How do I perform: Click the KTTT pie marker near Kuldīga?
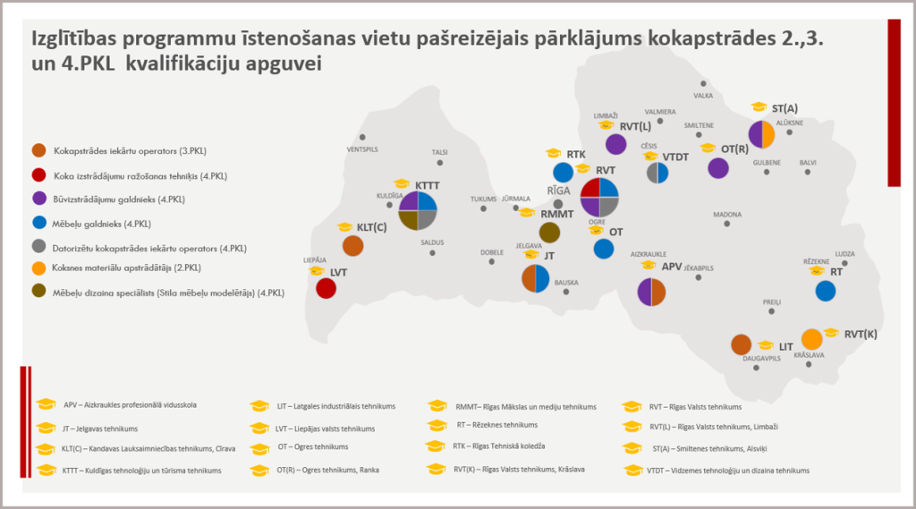click(416, 211)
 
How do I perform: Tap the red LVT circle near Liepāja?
click(327, 289)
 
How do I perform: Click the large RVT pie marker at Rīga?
click(600, 197)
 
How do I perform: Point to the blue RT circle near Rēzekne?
click(825, 291)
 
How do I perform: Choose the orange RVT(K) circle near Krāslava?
click(811, 339)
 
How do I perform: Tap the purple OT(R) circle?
click(717, 167)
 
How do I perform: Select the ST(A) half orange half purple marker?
click(761, 134)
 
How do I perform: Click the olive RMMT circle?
click(550, 233)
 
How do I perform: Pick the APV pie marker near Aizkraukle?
click(651, 292)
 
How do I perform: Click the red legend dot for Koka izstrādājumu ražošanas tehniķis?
click(38, 174)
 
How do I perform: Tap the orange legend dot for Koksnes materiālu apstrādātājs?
click(38, 267)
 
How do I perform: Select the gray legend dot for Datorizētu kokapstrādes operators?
click(38, 245)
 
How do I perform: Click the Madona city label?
click(726, 215)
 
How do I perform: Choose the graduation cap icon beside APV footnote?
click(47, 404)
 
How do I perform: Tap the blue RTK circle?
click(563, 172)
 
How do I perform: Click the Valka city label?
click(704, 95)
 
